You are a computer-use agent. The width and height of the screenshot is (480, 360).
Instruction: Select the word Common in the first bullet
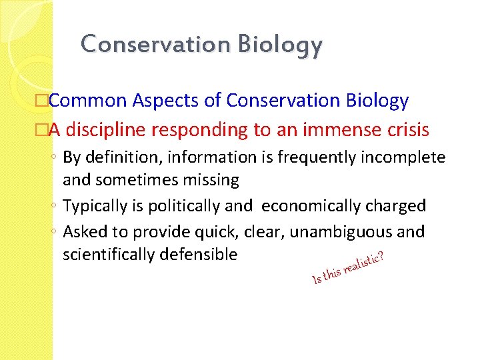click(x=87, y=101)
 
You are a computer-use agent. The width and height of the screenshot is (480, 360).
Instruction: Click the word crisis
click(x=406, y=130)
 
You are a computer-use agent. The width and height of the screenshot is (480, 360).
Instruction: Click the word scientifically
click(x=106, y=254)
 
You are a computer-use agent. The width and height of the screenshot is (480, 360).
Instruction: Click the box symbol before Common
click(x=43, y=101)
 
